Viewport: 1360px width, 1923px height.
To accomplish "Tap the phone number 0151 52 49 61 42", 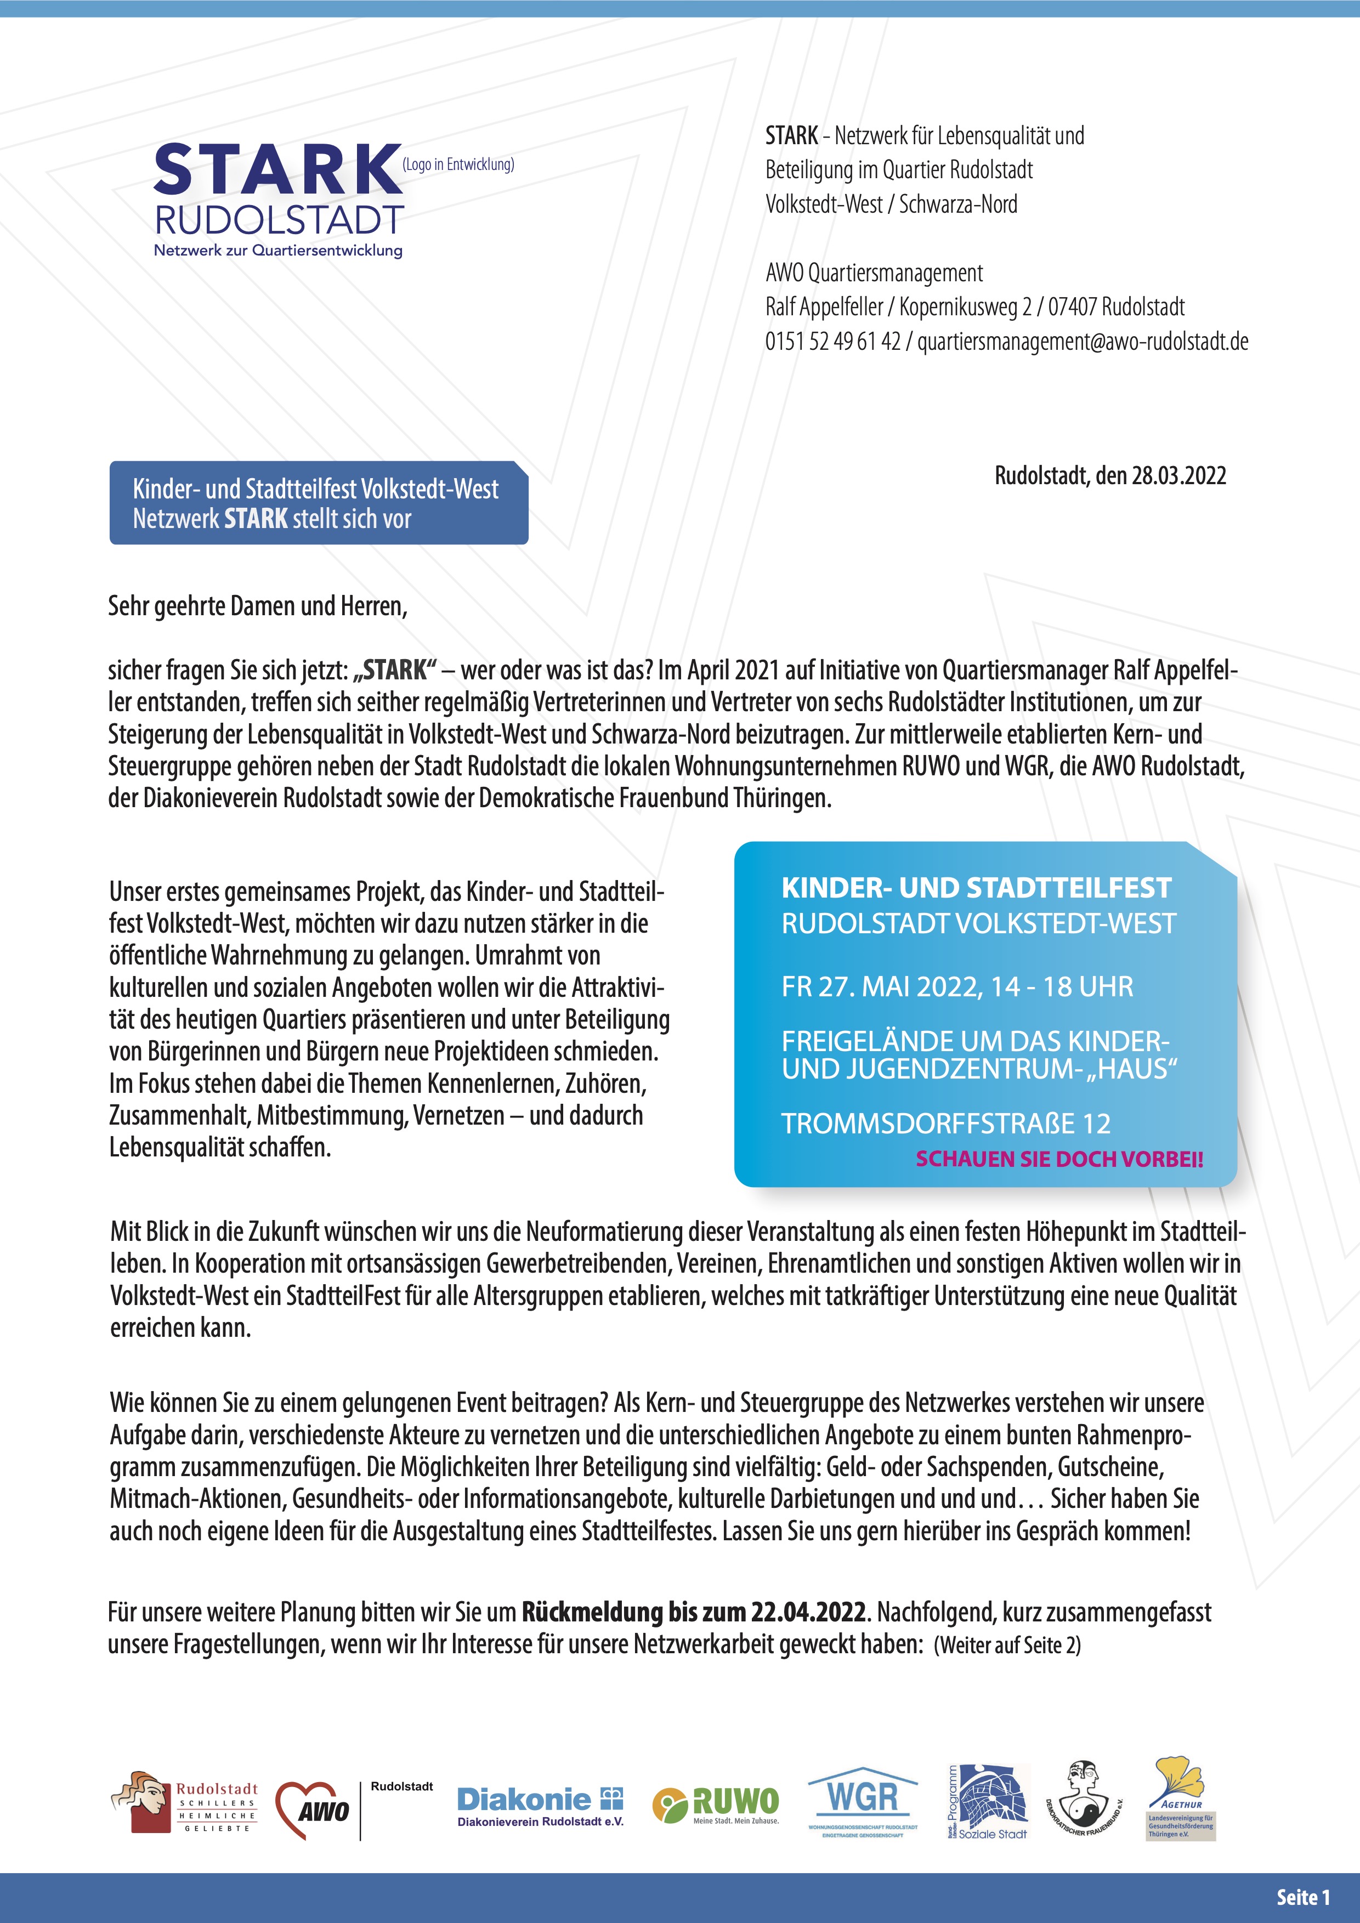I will (832, 342).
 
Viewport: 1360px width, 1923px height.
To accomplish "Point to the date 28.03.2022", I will (1178, 476).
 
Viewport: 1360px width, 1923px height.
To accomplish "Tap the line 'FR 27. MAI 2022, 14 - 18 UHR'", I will (957, 986).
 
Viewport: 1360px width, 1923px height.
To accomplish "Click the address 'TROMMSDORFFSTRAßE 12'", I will (945, 1123).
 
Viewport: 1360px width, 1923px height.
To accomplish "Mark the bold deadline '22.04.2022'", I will (808, 1612).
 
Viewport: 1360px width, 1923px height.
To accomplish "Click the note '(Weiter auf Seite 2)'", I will (1007, 1645).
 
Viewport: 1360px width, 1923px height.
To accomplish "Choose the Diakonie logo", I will (540, 1807).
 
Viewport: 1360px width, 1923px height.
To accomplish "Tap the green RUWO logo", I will (716, 1805).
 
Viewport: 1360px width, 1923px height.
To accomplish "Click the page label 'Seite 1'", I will (1303, 1897).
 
